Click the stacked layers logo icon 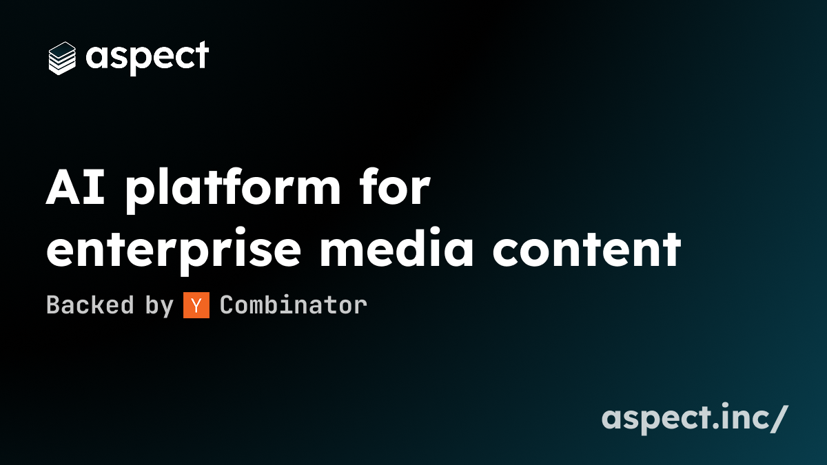tap(62, 59)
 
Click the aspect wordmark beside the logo tap(147, 58)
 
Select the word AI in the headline tap(75, 187)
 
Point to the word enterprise tap(174, 249)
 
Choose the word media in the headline tap(397, 247)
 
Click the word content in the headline tap(586, 249)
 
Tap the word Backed tap(90, 304)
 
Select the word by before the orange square tap(159, 307)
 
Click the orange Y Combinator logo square tap(196, 304)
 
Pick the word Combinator tap(294, 304)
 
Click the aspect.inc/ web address tap(695, 419)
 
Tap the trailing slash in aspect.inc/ tap(779, 419)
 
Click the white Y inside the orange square tap(196, 305)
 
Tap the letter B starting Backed tap(54, 304)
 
